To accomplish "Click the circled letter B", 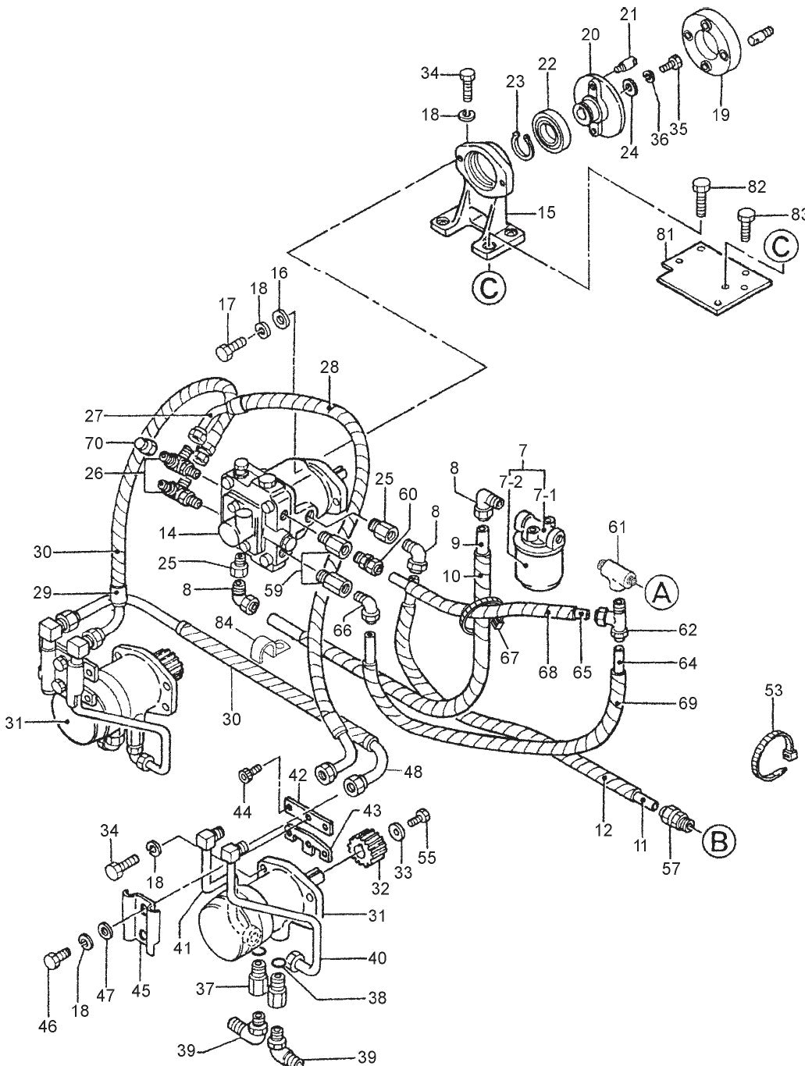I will [719, 841].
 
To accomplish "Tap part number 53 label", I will [773, 689].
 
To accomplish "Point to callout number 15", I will [547, 212].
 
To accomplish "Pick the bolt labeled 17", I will [229, 349].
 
